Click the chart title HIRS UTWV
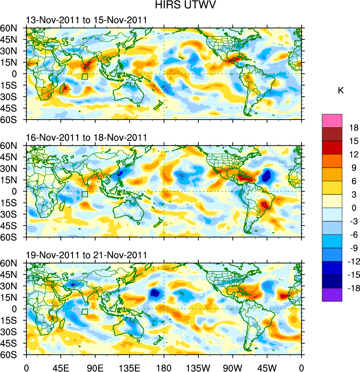point(180,5)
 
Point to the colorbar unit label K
point(341,91)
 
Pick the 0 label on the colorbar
point(354,208)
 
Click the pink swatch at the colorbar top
point(332,121)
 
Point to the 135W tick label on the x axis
point(198,367)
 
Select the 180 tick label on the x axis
point(164,367)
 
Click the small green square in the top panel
point(85,77)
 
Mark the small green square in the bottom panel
point(85,311)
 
